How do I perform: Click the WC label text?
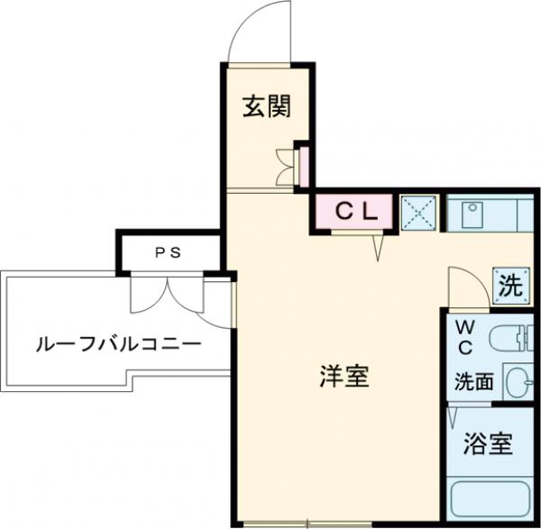pos(467,335)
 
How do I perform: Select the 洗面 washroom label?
pos(474,381)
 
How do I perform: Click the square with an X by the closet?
pos(418,214)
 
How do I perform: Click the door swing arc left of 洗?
pos(466,286)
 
